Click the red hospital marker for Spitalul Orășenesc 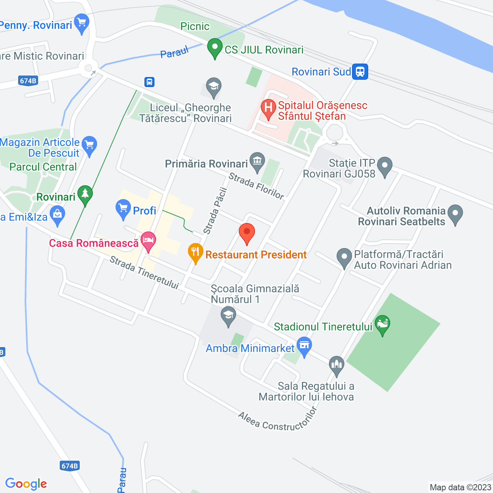268,109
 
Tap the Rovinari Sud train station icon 360,72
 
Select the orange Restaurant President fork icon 196,253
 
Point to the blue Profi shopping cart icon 123,209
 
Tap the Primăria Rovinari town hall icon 257,162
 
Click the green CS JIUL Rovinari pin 215,49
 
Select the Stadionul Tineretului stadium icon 382,324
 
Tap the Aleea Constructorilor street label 277,420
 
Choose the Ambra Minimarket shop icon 304,346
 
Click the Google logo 26,484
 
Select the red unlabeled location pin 247,233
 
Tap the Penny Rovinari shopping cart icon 82,23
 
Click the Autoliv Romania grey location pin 455,213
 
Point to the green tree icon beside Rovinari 85,195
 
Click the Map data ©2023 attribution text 460,488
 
